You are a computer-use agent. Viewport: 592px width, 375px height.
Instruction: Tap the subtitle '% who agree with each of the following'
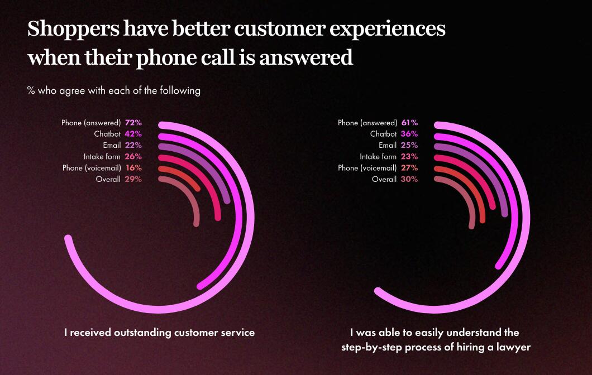tap(113, 90)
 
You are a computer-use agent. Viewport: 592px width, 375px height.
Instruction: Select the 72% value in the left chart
tap(133, 123)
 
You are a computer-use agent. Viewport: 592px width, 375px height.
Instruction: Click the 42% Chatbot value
tap(133, 134)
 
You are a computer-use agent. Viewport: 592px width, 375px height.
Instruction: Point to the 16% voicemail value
tap(133, 168)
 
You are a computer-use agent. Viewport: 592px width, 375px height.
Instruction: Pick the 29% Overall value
tap(133, 179)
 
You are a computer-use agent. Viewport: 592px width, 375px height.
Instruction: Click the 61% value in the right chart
tap(409, 123)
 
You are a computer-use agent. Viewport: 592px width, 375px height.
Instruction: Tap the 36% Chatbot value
tap(409, 134)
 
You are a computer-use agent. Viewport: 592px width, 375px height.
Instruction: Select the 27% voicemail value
tap(409, 168)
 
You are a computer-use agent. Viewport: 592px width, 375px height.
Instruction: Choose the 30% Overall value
tap(409, 179)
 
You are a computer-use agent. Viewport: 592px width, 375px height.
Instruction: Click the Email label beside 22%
tap(111, 145)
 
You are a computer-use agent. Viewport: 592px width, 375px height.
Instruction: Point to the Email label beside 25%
tap(388, 145)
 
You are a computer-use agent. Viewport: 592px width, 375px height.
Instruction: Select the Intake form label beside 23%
tap(378, 157)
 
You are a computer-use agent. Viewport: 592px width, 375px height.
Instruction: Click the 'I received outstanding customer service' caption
tap(159, 333)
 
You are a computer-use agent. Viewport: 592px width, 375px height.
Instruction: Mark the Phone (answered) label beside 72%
tap(91, 123)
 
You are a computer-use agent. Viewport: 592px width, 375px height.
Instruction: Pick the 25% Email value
tap(409, 145)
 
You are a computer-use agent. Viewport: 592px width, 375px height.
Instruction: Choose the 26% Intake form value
tap(133, 157)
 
